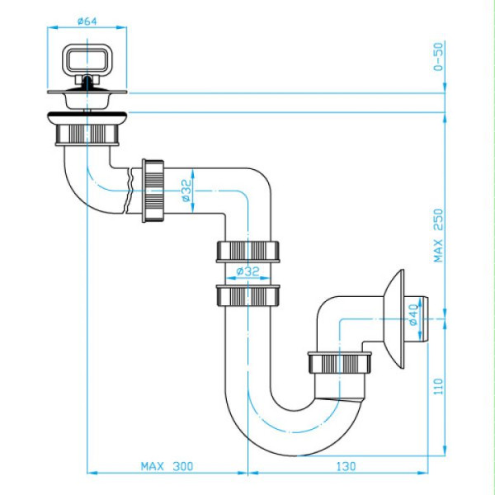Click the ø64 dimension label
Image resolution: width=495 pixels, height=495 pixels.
[x=87, y=21]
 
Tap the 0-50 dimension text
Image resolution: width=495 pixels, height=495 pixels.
[x=439, y=57]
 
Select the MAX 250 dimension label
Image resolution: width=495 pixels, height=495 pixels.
[x=439, y=235]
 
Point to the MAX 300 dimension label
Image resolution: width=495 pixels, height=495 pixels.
[x=167, y=466]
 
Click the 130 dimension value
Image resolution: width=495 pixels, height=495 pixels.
[x=346, y=466]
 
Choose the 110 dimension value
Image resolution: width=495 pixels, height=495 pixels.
[x=439, y=386]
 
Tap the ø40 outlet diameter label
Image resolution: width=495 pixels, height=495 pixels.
[x=413, y=315]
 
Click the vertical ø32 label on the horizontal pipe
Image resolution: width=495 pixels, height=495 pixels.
[x=186, y=191]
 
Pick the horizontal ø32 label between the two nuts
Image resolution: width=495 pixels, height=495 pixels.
[x=247, y=271]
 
